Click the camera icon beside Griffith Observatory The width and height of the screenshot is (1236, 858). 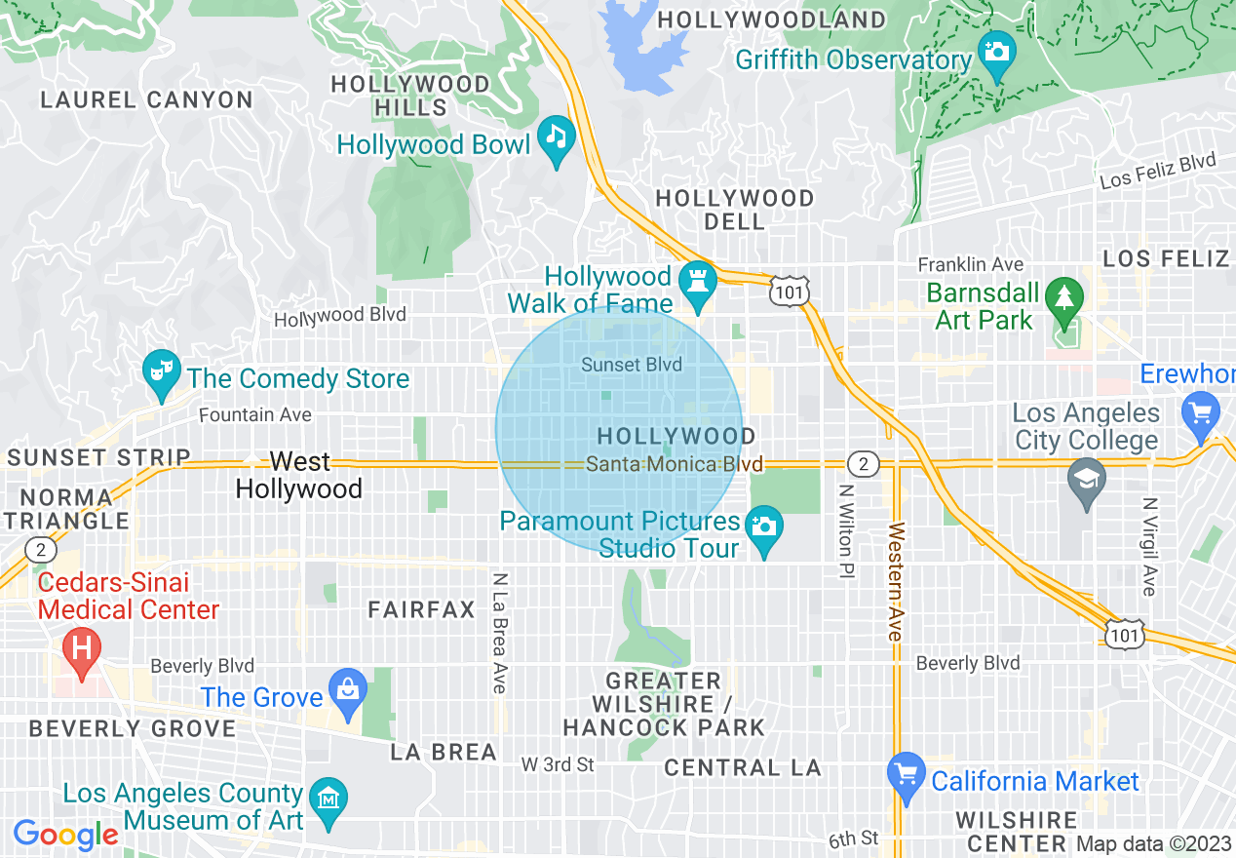pyautogui.click(x=996, y=49)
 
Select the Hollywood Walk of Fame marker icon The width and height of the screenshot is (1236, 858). pyautogui.click(x=698, y=279)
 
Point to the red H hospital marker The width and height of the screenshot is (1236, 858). pyautogui.click(x=82, y=646)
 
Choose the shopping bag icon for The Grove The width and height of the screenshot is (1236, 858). pyautogui.click(x=346, y=687)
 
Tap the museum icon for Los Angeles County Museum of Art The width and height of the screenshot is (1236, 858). pyautogui.click(x=329, y=799)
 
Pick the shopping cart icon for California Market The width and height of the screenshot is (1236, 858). pyautogui.click(x=906, y=772)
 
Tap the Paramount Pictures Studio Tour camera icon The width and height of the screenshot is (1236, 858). pyautogui.click(x=763, y=526)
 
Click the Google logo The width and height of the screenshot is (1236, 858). pyautogui.click(x=66, y=835)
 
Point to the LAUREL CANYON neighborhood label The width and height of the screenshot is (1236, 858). pyautogui.click(x=147, y=99)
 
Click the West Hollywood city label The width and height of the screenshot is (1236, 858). pyautogui.click(x=299, y=475)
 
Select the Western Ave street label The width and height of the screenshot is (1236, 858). pyautogui.click(x=896, y=582)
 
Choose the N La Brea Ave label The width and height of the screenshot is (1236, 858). pyautogui.click(x=500, y=632)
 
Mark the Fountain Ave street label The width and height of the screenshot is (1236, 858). pyautogui.click(x=255, y=415)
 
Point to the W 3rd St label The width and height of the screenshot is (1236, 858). pyautogui.click(x=558, y=764)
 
